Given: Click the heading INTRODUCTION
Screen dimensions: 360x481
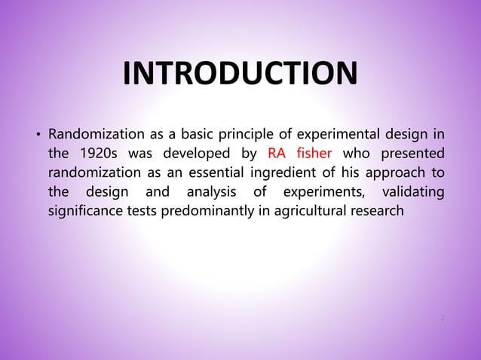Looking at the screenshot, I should tap(240, 75).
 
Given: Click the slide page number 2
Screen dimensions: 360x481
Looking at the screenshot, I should tap(443, 318).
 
